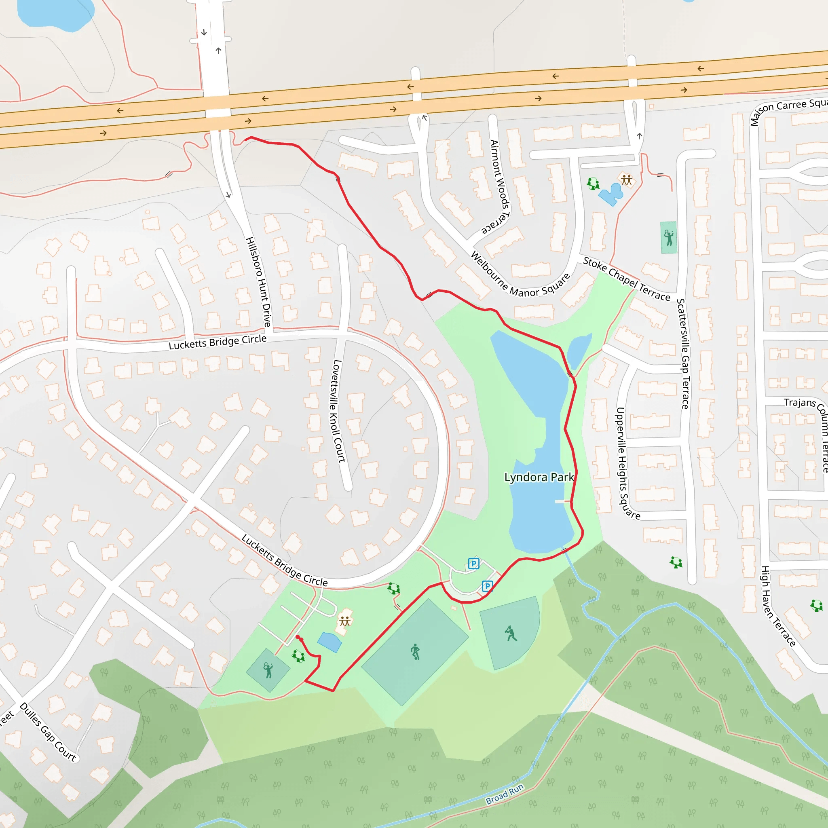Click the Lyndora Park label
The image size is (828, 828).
(x=539, y=477)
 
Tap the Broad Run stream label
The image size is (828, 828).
(x=505, y=794)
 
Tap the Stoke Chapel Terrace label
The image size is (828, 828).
(x=626, y=279)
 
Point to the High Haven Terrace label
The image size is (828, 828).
(x=777, y=606)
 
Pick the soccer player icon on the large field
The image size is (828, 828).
(x=415, y=652)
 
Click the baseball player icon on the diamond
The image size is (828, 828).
(x=511, y=634)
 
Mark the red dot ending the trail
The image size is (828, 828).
(x=298, y=637)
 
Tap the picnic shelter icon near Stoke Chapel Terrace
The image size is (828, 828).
(x=627, y=180)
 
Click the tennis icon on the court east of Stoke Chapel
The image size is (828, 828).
(x=669, y=237)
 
